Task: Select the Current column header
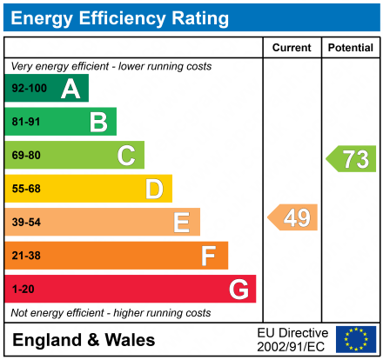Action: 292,48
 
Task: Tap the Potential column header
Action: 350,48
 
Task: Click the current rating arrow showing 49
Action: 293,217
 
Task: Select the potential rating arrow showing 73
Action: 352,158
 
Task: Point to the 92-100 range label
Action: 29,89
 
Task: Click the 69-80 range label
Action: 26,156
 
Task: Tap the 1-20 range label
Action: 24,289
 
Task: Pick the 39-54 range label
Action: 26,223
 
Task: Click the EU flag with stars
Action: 356,339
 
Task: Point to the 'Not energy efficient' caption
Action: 111,312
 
